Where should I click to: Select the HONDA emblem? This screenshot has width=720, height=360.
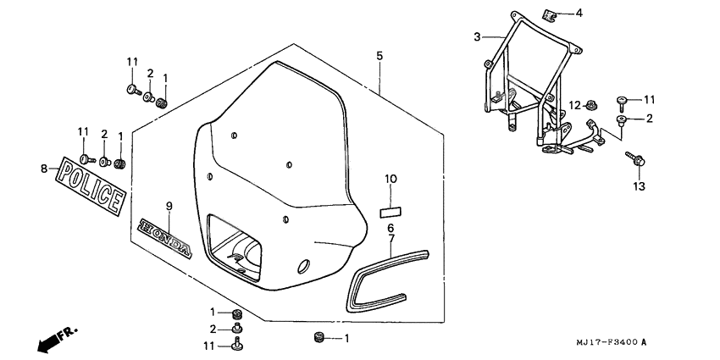coord(167,236)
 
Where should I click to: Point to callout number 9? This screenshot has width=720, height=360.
coord(168,206)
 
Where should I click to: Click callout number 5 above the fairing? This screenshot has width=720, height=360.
coord(379,56)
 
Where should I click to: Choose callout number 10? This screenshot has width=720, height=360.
coord(390,180)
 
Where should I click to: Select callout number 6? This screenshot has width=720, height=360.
coord(390,229)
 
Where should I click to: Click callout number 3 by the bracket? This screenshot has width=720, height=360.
coord(477,36)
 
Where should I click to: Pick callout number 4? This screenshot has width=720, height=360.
coord(579,13)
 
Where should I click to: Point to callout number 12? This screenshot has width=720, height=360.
coord(573,104)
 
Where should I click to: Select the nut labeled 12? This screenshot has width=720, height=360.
coord(592,104)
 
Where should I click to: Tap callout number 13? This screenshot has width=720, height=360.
coord(638,184)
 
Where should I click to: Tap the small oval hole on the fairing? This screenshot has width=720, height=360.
coord(302,268)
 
